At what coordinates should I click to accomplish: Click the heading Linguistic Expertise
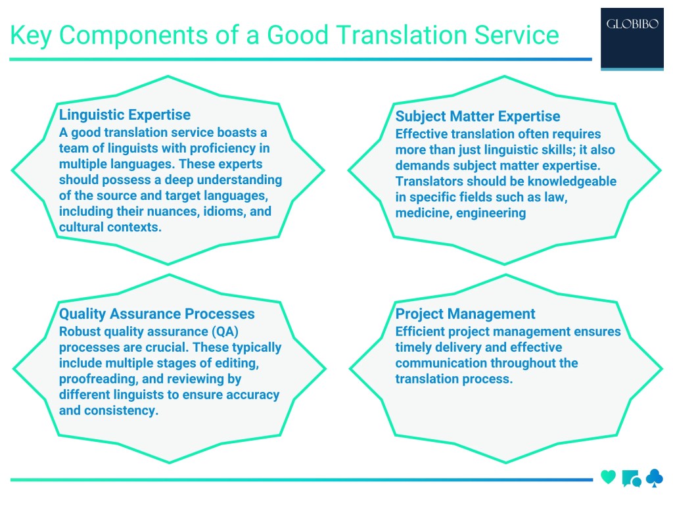pos(125,114)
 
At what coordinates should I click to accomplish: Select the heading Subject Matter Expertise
pos(477,116)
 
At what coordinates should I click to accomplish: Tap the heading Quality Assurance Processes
pos(157,314)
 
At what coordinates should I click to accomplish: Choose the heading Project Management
pos(465,314)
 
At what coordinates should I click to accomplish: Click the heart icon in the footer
pos(609,477)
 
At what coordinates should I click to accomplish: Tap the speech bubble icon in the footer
pos(631,478)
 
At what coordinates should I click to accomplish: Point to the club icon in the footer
pos(655,477)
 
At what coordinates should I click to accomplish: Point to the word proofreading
pos(96,379)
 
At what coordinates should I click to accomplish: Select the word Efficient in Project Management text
pos(421,331)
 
